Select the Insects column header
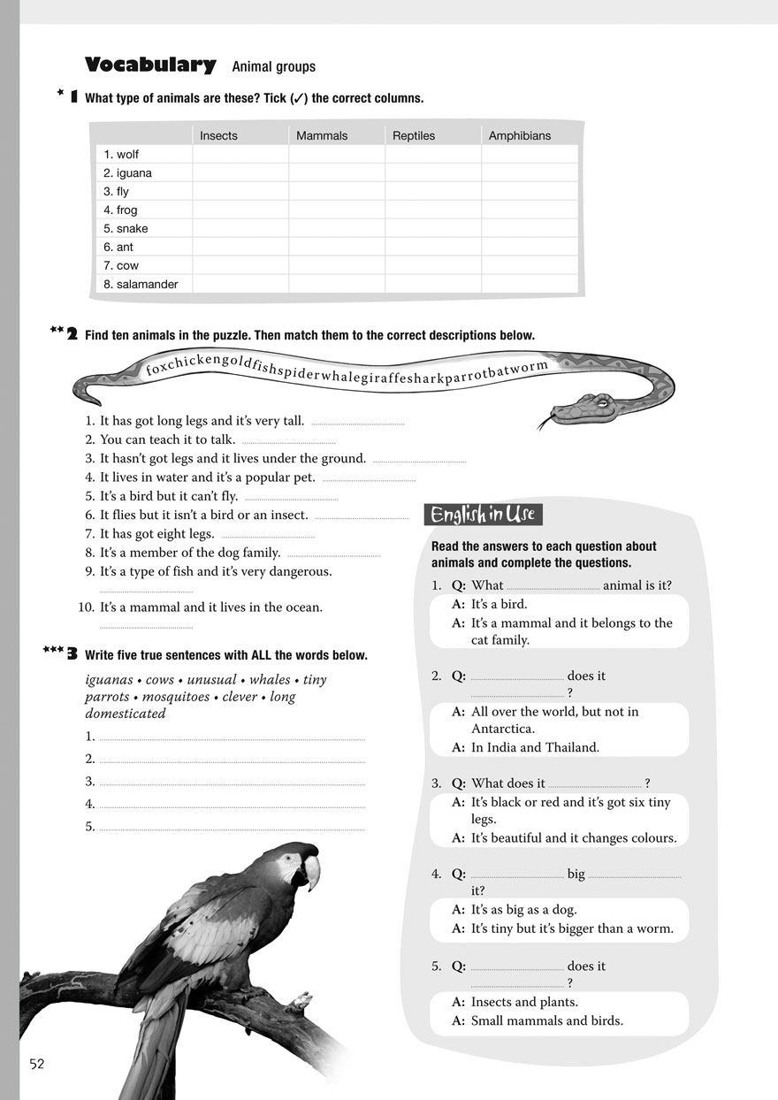[x=218, y=135]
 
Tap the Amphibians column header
[x=519, y=135]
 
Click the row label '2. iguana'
[x=127, y=173]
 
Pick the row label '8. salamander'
[x=141, y=285]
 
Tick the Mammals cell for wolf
[x=336, y=155]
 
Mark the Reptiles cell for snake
[x=432, y=229]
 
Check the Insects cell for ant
[x=240, y=248]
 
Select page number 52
[x=36, y=1064]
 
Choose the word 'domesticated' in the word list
[x=126, y=714]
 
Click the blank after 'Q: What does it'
[x=594, y=784]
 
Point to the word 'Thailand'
[x=571, y=747]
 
